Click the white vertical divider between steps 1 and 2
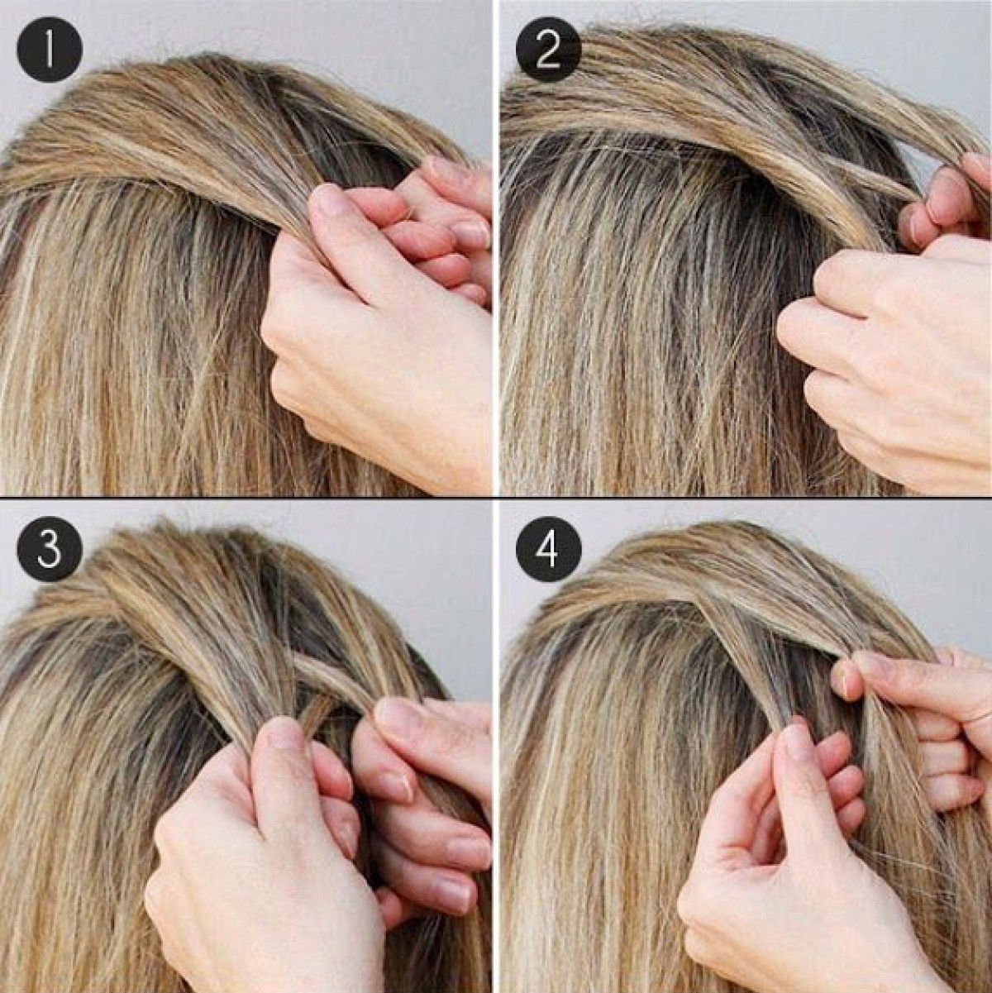click(495, 247)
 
